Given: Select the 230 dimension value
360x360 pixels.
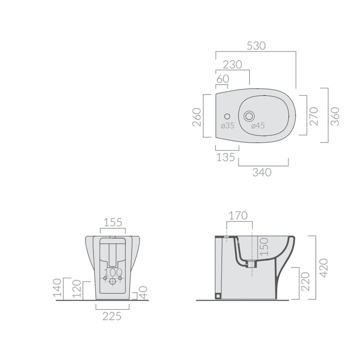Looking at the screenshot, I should pyautogui.click(x=232, y=65).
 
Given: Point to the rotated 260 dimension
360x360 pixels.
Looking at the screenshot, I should pyautogui.click(x=197, y=116).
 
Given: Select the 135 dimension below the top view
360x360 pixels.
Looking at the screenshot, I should pyautogui.click(x=225, y=157).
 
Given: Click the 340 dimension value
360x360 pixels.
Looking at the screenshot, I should pyautogui.click(x=262, y=172).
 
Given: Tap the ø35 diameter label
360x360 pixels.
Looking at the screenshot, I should pyautogui.click(x=227, y=126).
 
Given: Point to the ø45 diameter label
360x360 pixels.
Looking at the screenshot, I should pyautogui.click(x=257, y=126).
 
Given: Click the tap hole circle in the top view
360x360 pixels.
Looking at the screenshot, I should pyautogui.click(x=226, y=116).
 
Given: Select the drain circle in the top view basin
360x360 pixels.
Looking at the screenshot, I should pyautogui.click(x=248, y=116).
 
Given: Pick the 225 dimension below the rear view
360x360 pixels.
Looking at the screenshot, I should pyautogui.click(x=112, y=316).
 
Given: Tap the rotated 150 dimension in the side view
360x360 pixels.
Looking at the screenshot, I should pyautogui.click(x=264, y=247).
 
